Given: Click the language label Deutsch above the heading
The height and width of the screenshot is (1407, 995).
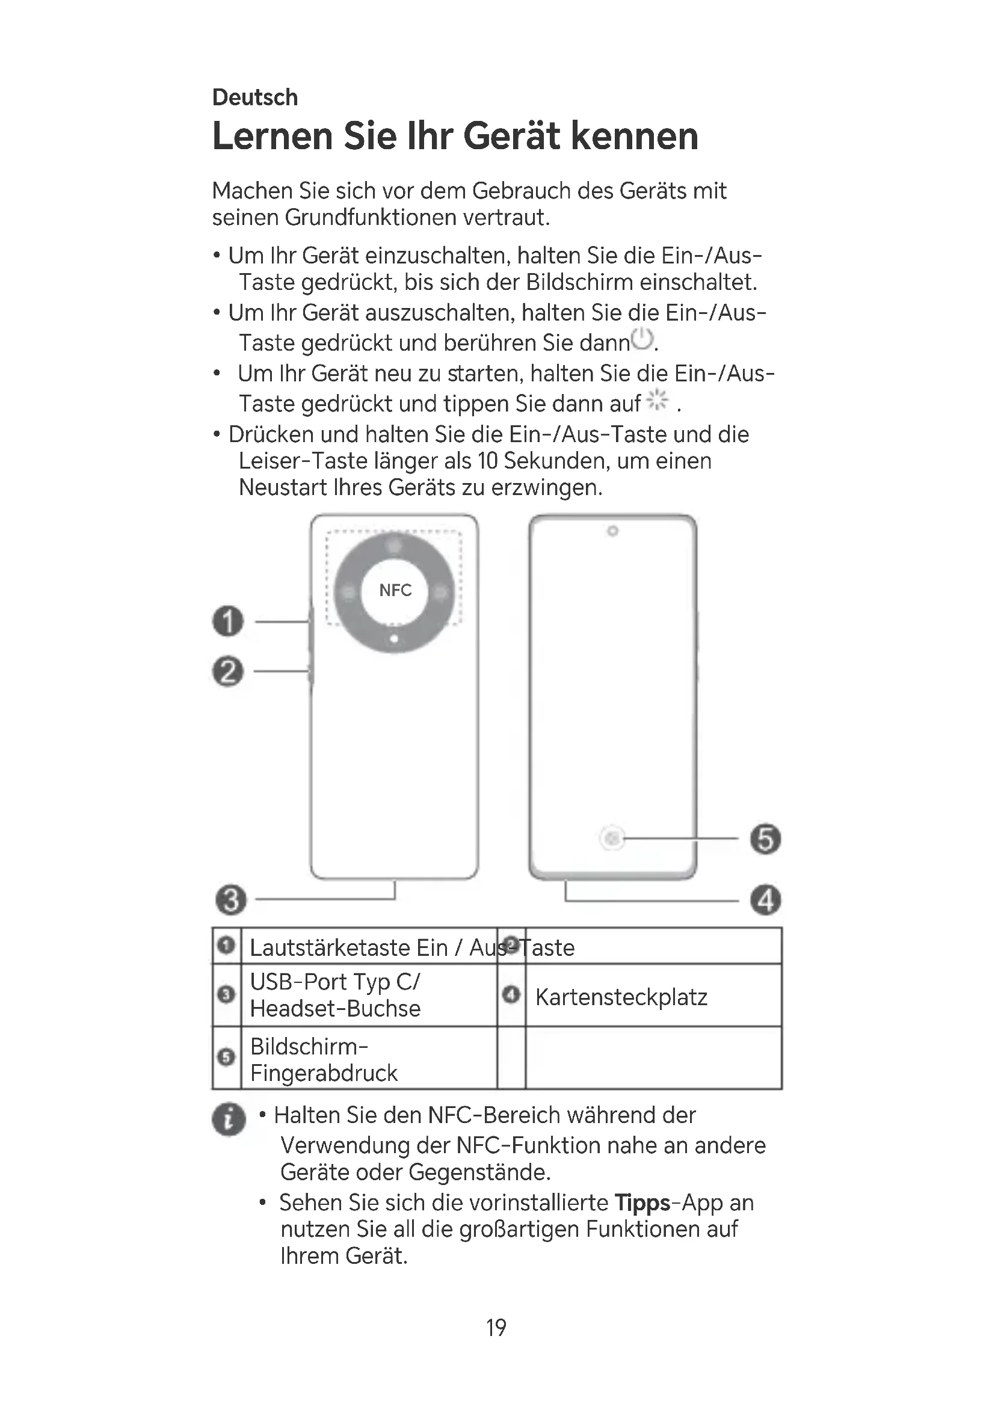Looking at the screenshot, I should (x=255, y=97).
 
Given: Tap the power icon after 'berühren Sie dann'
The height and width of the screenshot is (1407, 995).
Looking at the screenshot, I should (x=642, y=339).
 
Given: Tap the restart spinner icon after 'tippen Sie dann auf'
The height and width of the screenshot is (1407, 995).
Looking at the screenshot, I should (x=658, y=400).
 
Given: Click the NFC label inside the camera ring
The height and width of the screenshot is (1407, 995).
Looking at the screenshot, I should (x=395, y=590).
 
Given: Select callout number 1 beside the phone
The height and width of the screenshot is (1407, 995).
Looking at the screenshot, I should (x=228, y=621).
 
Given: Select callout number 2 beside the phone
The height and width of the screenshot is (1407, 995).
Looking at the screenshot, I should (x=228, y=672).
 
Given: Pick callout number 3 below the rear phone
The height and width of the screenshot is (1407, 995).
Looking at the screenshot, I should (x=231, y=899).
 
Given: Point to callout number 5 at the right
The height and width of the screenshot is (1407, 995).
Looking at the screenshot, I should (x=766, y=839).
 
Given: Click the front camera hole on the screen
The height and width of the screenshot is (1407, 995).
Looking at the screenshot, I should (x=612, y=531).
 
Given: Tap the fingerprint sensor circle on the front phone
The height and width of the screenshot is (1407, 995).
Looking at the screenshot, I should (x=611, y=838).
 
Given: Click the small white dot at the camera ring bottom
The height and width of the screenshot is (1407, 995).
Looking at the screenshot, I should (x=395, y=639).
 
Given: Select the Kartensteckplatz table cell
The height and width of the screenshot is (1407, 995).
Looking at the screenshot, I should (x=621, y=997).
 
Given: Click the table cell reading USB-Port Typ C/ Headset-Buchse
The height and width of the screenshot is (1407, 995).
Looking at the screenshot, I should (x=335, y=995).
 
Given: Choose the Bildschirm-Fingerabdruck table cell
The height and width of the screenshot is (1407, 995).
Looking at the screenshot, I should (x=324, y=1059).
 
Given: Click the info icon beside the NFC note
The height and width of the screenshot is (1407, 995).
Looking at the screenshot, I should (x=229, y=1119).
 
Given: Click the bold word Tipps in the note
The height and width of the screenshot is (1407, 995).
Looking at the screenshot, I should (x=642, y=1203).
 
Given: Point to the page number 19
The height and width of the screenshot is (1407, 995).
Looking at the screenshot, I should (x=496, y=1328).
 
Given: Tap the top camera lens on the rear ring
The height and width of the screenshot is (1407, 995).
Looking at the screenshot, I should (x=395, y=545).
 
